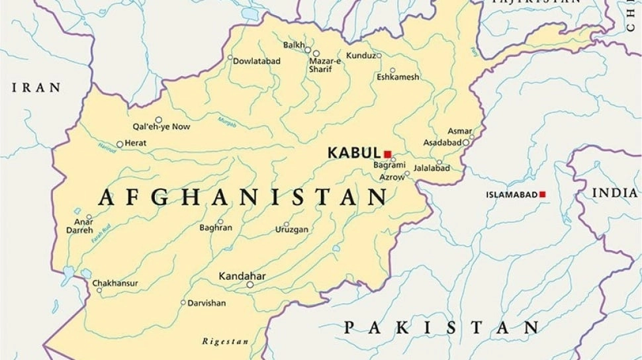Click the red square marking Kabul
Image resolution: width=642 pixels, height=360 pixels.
point(388,154)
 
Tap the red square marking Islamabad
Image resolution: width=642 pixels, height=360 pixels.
point(543,194)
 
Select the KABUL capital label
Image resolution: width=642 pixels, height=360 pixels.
point(354,153)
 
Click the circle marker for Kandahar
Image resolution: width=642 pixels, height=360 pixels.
point(250,285)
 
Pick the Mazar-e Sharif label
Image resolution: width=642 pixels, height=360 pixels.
point(325,65)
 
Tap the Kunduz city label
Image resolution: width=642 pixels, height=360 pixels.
point(361,56)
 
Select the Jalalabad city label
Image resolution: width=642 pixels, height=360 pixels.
point(432,169)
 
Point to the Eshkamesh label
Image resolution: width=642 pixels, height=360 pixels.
point(398,77)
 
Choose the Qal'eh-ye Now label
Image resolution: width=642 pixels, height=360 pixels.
point(161,126)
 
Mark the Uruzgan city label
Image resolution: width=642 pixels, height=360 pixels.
point(292,230)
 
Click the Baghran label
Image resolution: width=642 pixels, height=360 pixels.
point(216,228)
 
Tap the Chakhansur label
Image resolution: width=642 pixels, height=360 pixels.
point(115,283)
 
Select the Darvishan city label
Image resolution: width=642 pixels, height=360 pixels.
point(206,303)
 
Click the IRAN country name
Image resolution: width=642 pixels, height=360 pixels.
point(36,87)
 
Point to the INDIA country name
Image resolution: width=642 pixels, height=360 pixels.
point(615,193)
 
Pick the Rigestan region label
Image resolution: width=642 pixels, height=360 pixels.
point(226,341)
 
